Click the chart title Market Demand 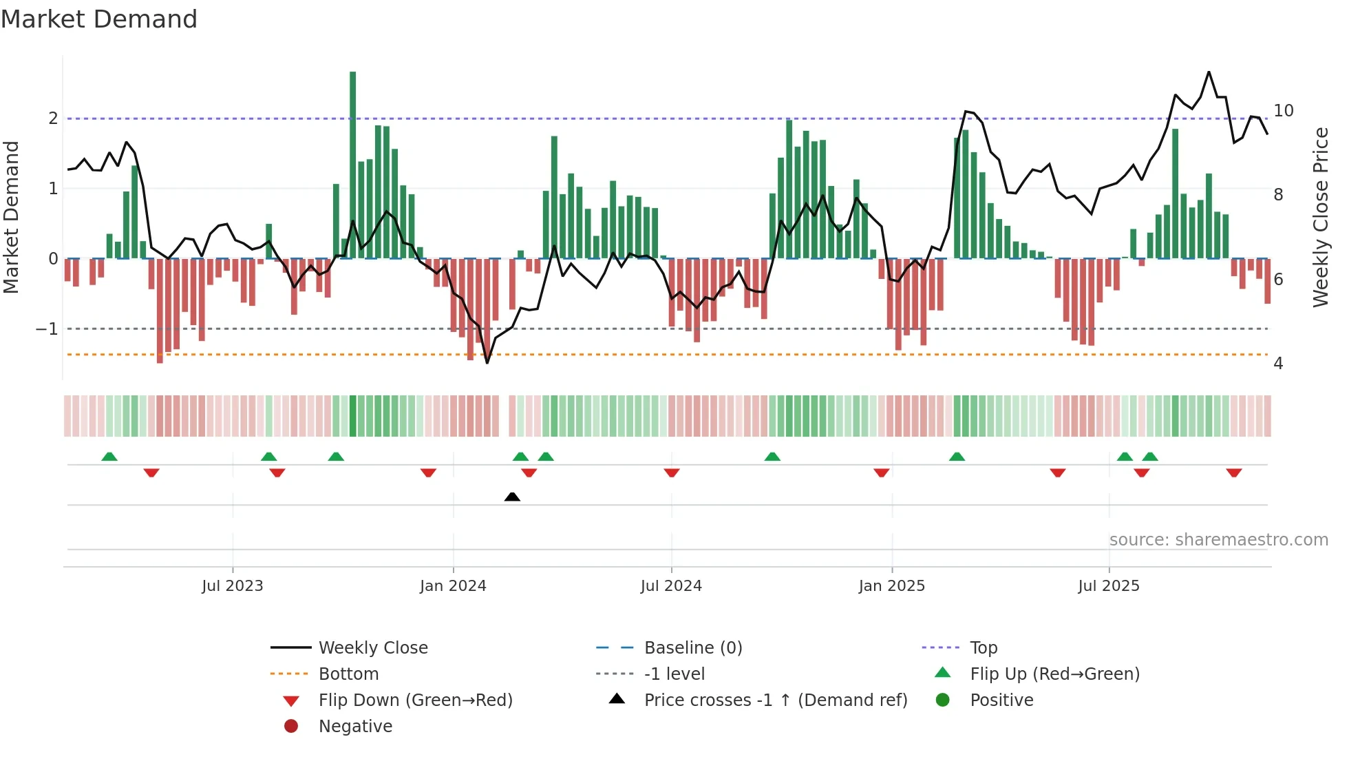[99, 19]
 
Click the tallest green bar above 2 [353, 165]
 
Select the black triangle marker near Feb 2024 [512, 497]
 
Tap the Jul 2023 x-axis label [233, 586]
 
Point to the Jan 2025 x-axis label [892, 586]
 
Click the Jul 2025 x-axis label [1109, 586]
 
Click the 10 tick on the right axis [1283, 111]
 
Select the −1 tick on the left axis [47, 329]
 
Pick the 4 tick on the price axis [1278, 364]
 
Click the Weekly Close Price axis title [1321, 217]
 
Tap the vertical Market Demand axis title [12, 217]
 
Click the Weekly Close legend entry [372, 648]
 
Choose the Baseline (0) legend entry [692, 648]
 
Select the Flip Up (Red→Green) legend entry [1054, 674]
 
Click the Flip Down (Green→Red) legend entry [415, 700]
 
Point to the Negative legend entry [355, 727]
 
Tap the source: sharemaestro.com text [1218, 540]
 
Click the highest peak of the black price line [1209, 72]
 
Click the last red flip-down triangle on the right [1234, 472]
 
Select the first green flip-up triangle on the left [109, 457]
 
